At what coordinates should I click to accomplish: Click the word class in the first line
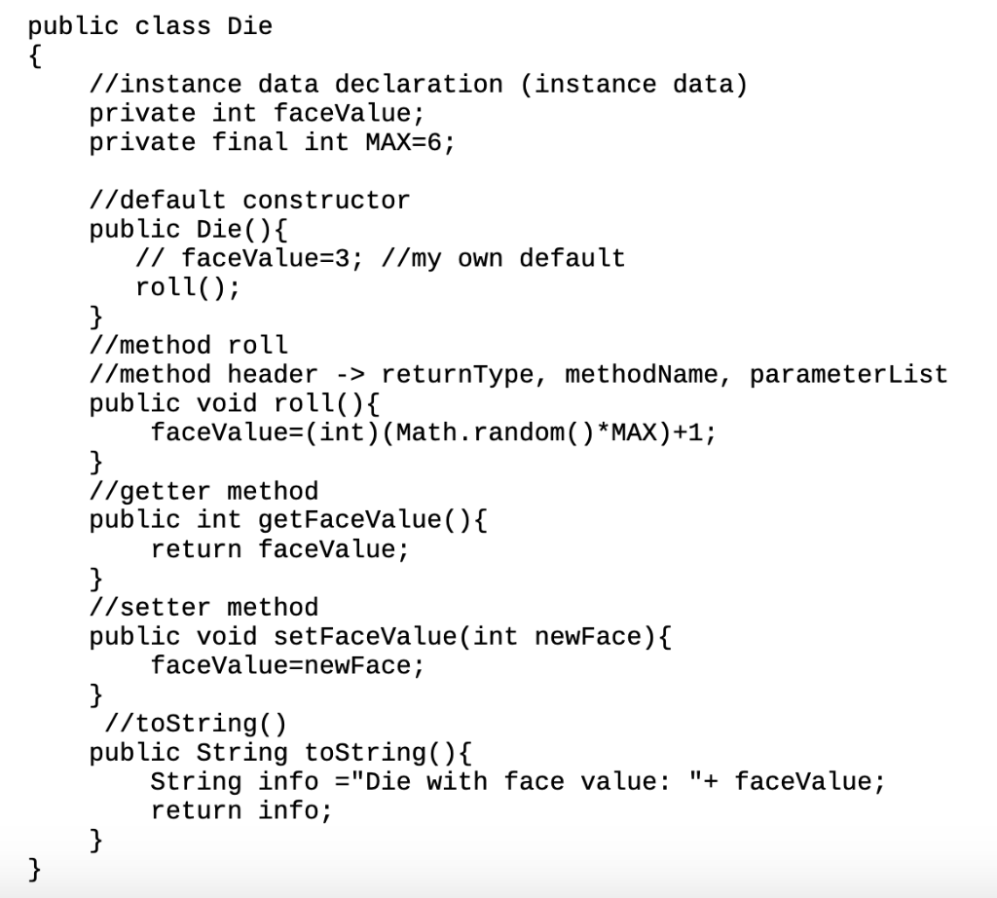[172, 26]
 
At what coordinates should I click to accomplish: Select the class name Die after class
[250, 26]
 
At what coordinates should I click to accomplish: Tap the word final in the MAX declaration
[250, 142]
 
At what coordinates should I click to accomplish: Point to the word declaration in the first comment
[419, 84]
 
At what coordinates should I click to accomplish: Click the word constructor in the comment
[326, 201]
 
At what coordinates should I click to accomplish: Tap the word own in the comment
[480, 258]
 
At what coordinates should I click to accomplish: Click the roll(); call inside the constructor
[188, 287]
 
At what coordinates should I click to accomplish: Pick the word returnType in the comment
[457, 375]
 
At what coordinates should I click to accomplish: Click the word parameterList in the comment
[848, 375]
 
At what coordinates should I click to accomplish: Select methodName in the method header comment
[641, 375]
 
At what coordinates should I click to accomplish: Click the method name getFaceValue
[350, 520]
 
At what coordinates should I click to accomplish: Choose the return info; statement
[241, 811]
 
